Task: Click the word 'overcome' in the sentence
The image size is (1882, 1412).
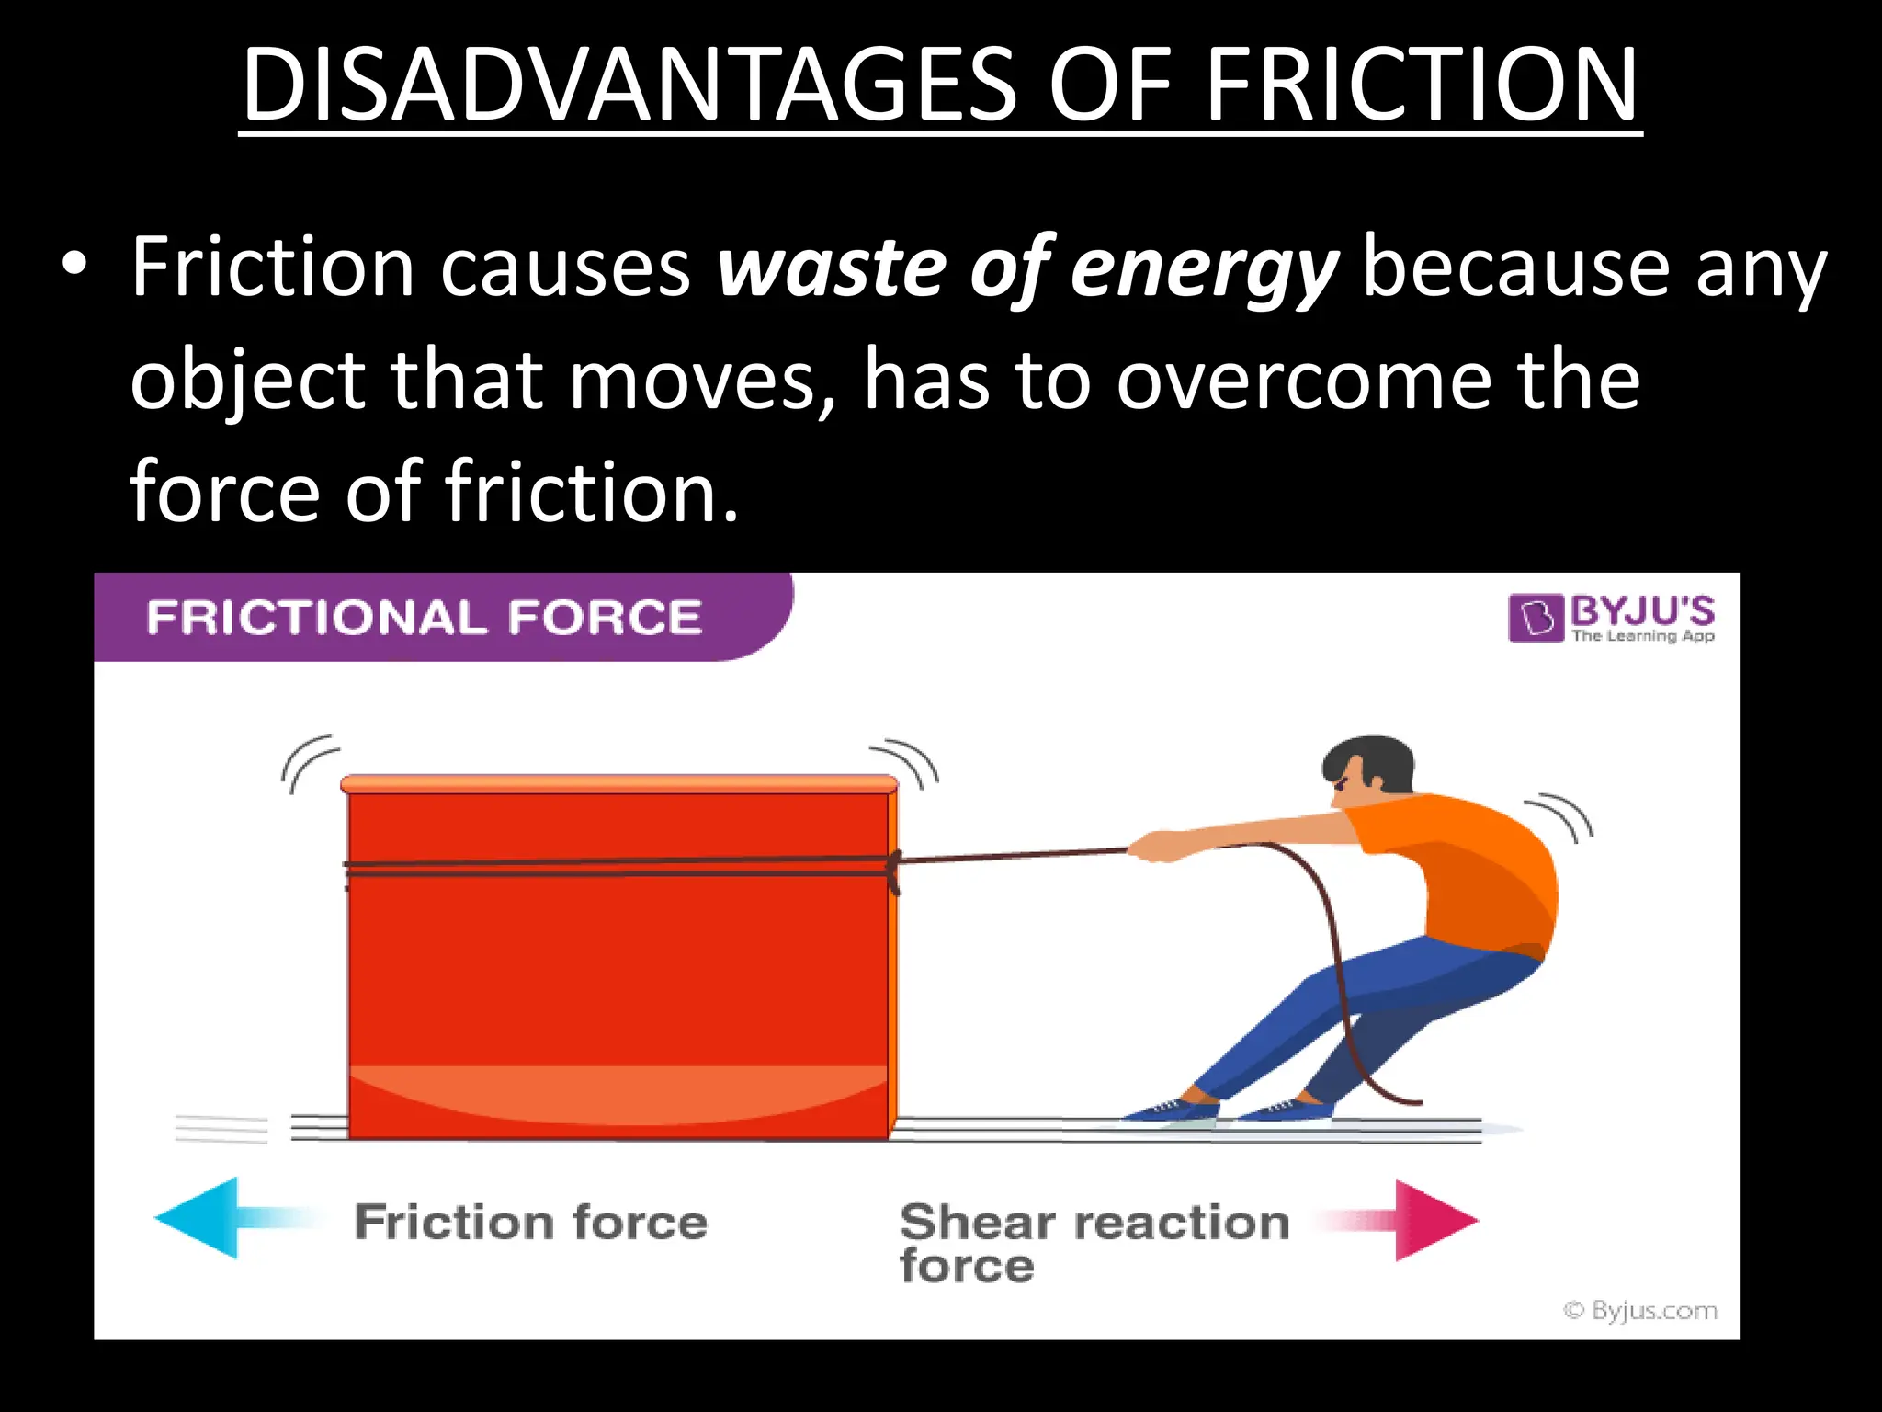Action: click(1304, 381)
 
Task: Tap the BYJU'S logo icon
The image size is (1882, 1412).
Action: click(1536, 618)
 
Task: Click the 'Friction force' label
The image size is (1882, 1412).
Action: click(531, 1222)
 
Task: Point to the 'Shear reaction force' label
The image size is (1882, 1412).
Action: click(1094, 1241)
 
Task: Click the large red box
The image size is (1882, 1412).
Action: click(618, 965)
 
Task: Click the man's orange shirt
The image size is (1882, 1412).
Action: click(1470, 873)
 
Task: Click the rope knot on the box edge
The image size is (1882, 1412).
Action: click(892, 869)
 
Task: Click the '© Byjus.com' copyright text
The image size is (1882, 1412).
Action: click(1640, 1310)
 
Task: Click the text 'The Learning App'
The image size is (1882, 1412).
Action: click(1642, 635)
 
